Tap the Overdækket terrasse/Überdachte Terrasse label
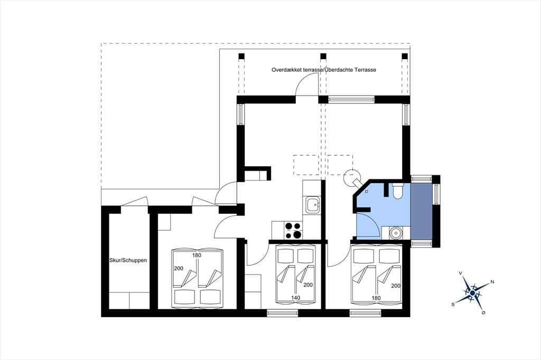(324, 70)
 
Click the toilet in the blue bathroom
(397, 191)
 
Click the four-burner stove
(293, 230)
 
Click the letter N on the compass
(492, 282)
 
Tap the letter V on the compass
(460, 273)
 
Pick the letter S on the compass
(453, 304)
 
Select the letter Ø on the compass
(483, 312)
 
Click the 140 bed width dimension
(296, 298)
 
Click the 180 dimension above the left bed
(197, 255)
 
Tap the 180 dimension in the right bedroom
(376, 298)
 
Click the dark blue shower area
(421, 211)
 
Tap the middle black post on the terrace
(323, 56)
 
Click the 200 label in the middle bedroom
(308, 285)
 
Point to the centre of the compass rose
(472, 293)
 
